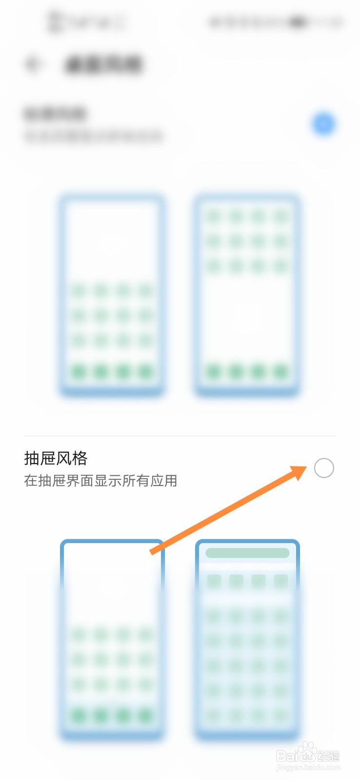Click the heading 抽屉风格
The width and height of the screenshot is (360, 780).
click(x=56, y=458)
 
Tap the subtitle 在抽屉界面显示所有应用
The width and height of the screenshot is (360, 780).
click(x=100, y=481)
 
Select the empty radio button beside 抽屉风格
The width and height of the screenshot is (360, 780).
click(x=324, y=468)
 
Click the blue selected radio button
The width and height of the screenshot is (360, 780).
click(x=323, y=124)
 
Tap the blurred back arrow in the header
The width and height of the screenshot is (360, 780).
click(x=33, y=64)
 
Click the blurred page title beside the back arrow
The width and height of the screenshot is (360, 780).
click(x=103, y=64)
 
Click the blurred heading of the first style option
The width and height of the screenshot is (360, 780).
click(x=55, y=114)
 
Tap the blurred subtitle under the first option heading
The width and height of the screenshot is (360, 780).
click(x=93, y=136)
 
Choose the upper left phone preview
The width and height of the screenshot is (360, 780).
click(x=112, y=295)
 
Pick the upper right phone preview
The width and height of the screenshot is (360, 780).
click(x=247, y=295)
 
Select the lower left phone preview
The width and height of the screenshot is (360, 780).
click(x=112, y=640)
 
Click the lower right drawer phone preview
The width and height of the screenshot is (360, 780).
click(x=247, y=640)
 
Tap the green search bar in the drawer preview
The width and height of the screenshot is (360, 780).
click(x=247, y=553)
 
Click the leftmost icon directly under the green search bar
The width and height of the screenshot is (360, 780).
click(x=214, y=581)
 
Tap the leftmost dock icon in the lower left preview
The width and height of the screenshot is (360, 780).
click(x=79, y=716)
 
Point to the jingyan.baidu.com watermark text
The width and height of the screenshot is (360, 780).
click(x=308, y=768)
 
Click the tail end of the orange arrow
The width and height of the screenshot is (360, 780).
click(x=152, y=552)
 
